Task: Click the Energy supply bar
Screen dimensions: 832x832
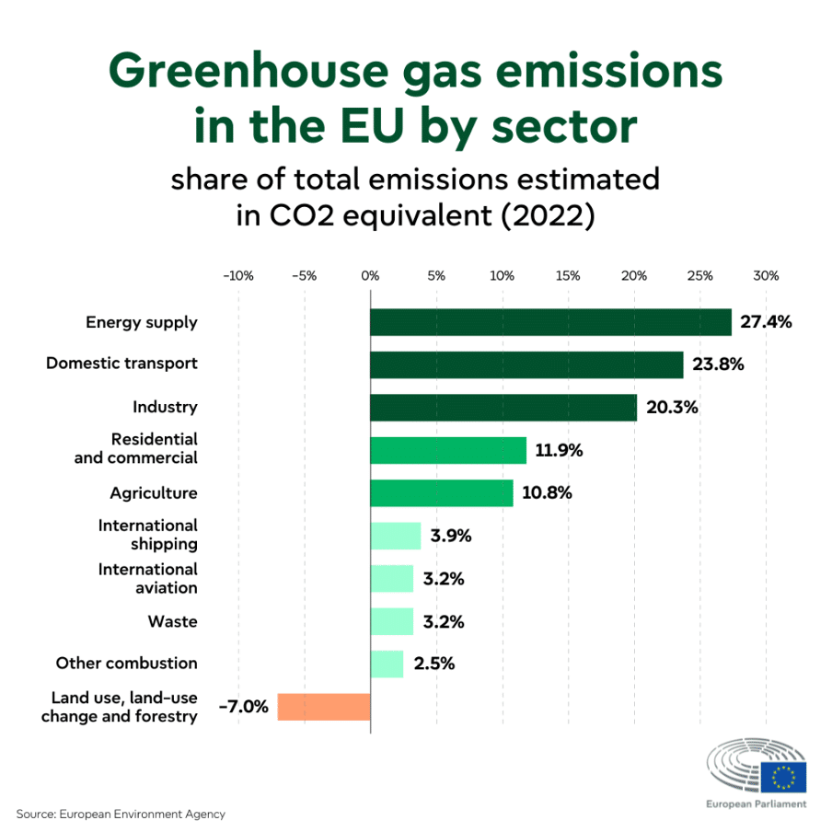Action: pos(550,322)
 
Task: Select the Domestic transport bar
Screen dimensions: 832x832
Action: pos(526,364)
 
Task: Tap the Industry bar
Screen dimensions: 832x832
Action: pos(503,407)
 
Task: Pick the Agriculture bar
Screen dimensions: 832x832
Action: pos(441,493)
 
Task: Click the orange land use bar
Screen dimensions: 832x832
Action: pos(324,707)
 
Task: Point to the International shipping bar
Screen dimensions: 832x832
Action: pos(396,536)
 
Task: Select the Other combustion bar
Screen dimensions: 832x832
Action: pos(387,664)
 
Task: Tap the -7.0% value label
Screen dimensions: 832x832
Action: pos(243,707)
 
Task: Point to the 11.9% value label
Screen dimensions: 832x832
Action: pos(560,451)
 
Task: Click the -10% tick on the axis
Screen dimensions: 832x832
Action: pos(238,275)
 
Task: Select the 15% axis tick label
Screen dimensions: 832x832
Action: pos(568,275)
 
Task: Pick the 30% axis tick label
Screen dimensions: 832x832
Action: pos(766,275)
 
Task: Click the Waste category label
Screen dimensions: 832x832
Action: pos(172,621)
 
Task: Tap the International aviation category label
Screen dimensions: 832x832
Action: pos(148,578)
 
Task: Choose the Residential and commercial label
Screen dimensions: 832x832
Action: pos(136,448)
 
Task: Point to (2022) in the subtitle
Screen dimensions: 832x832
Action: pos(543,216)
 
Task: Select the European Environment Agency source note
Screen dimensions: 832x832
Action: pos(121,814)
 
